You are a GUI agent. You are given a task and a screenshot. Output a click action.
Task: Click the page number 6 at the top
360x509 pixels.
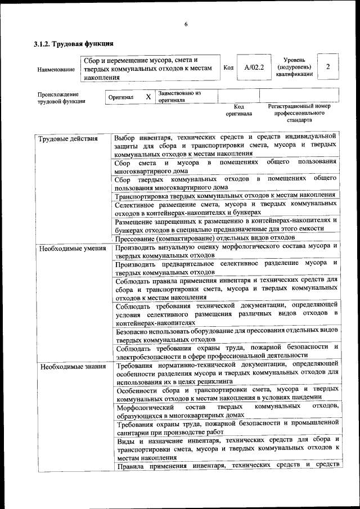pyautogui.click(x=185, y=24)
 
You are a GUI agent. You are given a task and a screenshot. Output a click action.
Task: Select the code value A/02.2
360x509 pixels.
pyautogui.click(x=254, y=67)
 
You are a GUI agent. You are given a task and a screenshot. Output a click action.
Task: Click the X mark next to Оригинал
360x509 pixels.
pyautogui.click(x=148, y=97)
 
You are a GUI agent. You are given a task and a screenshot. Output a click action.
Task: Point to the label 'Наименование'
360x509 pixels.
pyautogui.click(x=56, y=69)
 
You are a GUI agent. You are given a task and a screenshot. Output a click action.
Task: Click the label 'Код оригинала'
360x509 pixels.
pyautogui.click(x=239, y=110)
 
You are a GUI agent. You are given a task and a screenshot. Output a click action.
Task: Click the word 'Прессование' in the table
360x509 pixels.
pyautogui.click(x=136, y=238)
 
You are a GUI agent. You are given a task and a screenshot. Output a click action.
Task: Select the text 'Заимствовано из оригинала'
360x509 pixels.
pyautogui.click(x=179, y=96)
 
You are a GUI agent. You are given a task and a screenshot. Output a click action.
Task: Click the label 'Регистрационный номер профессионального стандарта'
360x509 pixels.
pyautogui.click(x=299, y=112)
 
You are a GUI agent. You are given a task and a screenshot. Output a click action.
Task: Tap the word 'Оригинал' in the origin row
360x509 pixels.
pyautogui.click(x=121, y=97)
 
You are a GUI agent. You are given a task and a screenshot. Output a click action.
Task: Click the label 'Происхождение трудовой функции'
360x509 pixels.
pyautogui.click(x=58, y=98)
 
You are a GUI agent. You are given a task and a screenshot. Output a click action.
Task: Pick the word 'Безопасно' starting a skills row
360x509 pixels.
pyautogui.click(x=133, y=332)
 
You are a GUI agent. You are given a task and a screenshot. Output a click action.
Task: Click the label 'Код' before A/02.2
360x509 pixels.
pyautogui.click(x=228, y=67)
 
